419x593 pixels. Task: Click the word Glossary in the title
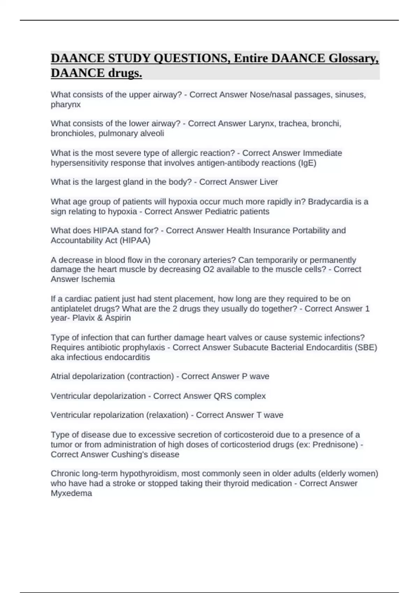tap(353, 58)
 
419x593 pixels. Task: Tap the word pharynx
tap(66, 104)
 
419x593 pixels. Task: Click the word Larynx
tap(261, 123)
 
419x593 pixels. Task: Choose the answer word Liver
tap(269, 182)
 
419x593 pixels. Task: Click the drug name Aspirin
tap(117, 318)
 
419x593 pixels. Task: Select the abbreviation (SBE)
tap(366, 347)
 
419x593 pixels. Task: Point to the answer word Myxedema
tap(71, 493)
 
